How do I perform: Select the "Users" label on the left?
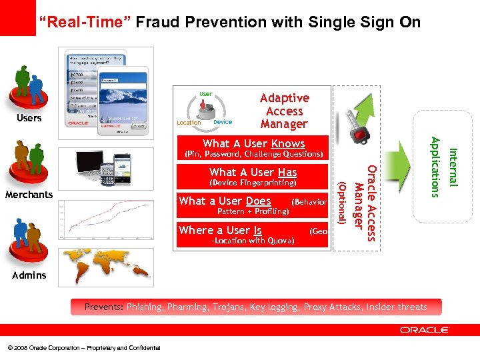click(x=29, y=119)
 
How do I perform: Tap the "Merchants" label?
click(x=29, y=195)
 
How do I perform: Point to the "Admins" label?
click(x=29, y=275)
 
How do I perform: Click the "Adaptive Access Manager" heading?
click(x=284, y=111)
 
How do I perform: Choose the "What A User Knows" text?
click(x=253, y=143)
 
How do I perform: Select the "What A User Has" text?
click(x=253, y=172)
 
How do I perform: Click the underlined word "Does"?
click(x=258, y=201)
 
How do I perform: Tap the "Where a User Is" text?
click(x=220, y=230)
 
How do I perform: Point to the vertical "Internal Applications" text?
click(x=444, y=167)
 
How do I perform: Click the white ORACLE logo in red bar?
click(x=425, y=330)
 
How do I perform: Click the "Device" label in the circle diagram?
click(x=223, y=122)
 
